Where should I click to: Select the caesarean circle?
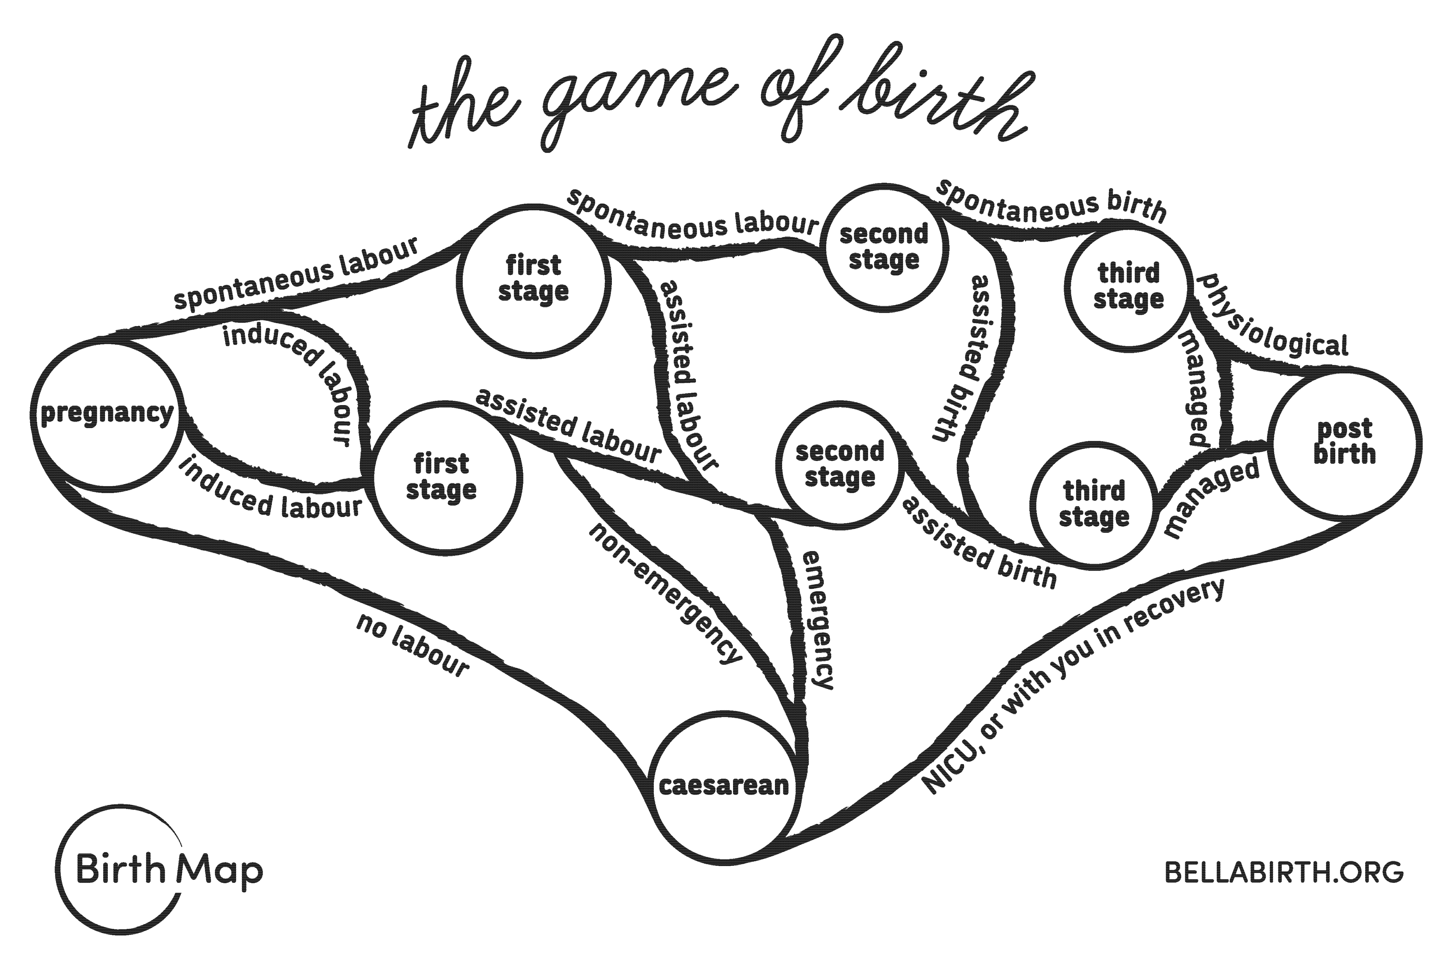(723, 785)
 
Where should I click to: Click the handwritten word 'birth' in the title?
(936, 99)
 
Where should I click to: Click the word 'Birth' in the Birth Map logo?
(121, 869)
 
